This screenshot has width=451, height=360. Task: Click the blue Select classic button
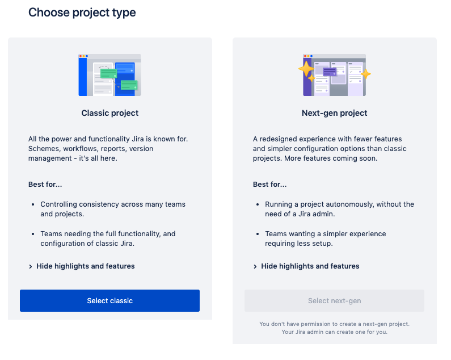109,300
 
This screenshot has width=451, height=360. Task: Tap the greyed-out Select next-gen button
334,300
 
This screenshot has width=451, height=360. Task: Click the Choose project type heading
82,12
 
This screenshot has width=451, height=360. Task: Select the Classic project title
110,113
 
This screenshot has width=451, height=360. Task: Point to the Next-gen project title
334,113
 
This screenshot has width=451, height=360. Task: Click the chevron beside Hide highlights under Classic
31,266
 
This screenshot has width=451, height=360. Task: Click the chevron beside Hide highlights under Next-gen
255,266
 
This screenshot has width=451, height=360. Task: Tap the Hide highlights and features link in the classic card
86,266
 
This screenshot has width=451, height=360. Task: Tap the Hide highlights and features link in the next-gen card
310,266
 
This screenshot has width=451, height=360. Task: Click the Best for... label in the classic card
45,185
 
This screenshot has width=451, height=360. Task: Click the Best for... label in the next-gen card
270,185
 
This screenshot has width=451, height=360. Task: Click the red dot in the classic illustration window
81,56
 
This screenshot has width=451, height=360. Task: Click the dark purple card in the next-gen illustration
330,72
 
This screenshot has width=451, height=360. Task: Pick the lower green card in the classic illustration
129,85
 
